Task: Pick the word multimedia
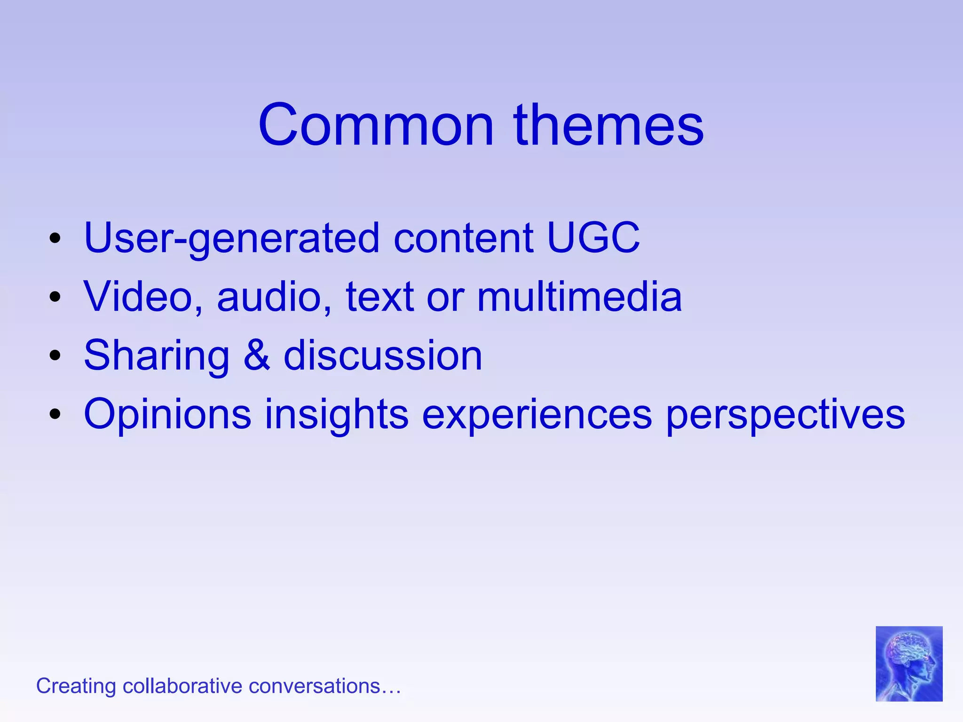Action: pos(579,297)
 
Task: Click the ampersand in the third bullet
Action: pos(257,355)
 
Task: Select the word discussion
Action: pos(383,355)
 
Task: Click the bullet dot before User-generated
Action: pos(55,238)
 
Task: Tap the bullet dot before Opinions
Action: pos(55,414)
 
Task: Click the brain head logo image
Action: pos(909,663)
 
